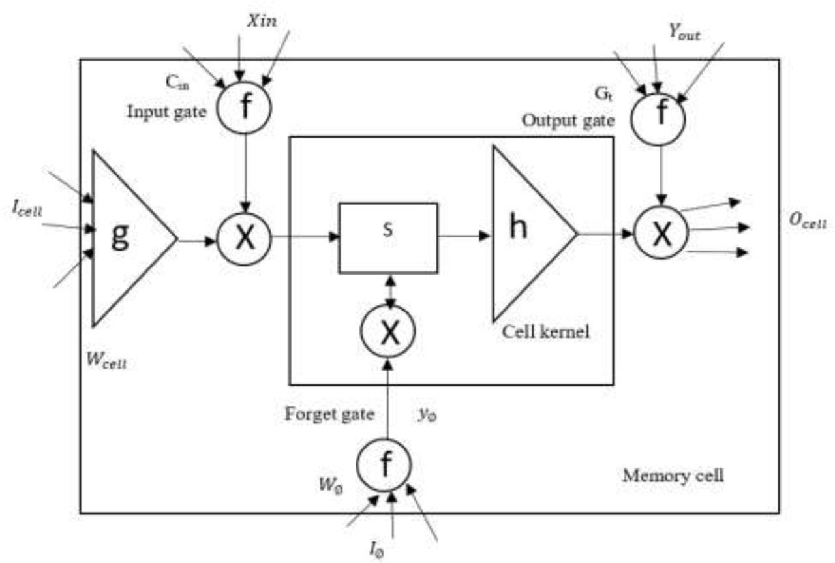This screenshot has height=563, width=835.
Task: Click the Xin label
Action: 262,21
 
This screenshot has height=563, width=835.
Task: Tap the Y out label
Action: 684,33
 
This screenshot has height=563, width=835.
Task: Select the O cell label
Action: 808,221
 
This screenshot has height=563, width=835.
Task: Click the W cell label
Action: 106,360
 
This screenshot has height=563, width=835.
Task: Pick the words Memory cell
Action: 673,476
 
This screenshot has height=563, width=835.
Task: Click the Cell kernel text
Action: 546,331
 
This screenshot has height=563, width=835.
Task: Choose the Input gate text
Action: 166,112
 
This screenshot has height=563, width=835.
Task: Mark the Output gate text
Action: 568,121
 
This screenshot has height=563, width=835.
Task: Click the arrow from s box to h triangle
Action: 464,236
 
